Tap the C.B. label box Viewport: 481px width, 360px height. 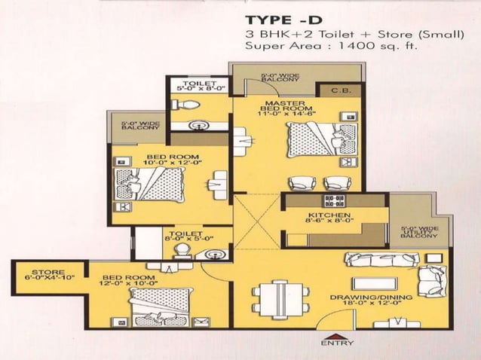(x=342, y=91)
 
